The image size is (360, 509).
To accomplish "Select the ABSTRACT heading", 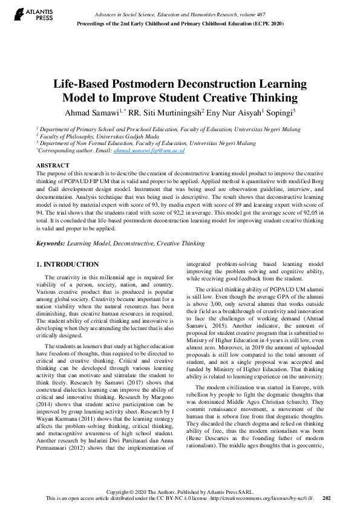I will [x=52, y=165].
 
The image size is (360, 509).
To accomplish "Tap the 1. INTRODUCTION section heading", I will [x=67, y=264].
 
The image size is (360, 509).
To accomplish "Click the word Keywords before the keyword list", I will [x=50, y=243].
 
